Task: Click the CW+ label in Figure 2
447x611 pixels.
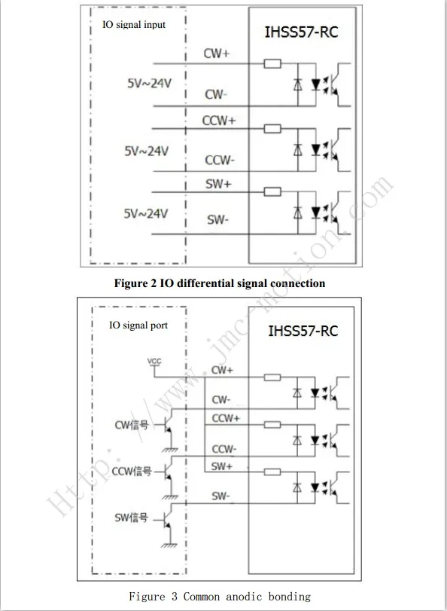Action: click(217, 53)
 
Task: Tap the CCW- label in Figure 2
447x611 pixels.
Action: click(220, 160)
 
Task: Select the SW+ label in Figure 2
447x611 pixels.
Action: click(218, 184)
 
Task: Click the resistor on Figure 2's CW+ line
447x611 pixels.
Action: click(272, 63)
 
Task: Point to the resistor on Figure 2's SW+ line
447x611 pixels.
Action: click(272, 191)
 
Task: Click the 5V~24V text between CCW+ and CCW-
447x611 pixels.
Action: click(147, 151)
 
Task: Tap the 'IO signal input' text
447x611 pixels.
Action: click(134, 25)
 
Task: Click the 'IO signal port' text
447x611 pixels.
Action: click(138, 325)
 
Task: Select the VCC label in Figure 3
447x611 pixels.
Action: click(154, 362)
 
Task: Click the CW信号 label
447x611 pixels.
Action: click(132, 425)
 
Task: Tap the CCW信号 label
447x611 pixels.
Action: click(132, 472)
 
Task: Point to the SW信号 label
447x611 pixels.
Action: click(132, 518)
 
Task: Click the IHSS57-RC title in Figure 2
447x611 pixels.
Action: click(301, 32)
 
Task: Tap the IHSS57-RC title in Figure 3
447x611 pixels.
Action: click(303, 331)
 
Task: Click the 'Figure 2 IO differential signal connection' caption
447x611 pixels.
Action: click(220, 283)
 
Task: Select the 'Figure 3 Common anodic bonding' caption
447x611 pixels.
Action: click(220, 596)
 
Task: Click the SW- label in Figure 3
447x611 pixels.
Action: click(221, 496)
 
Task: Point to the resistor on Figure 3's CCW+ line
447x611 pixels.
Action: click(272, 424)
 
